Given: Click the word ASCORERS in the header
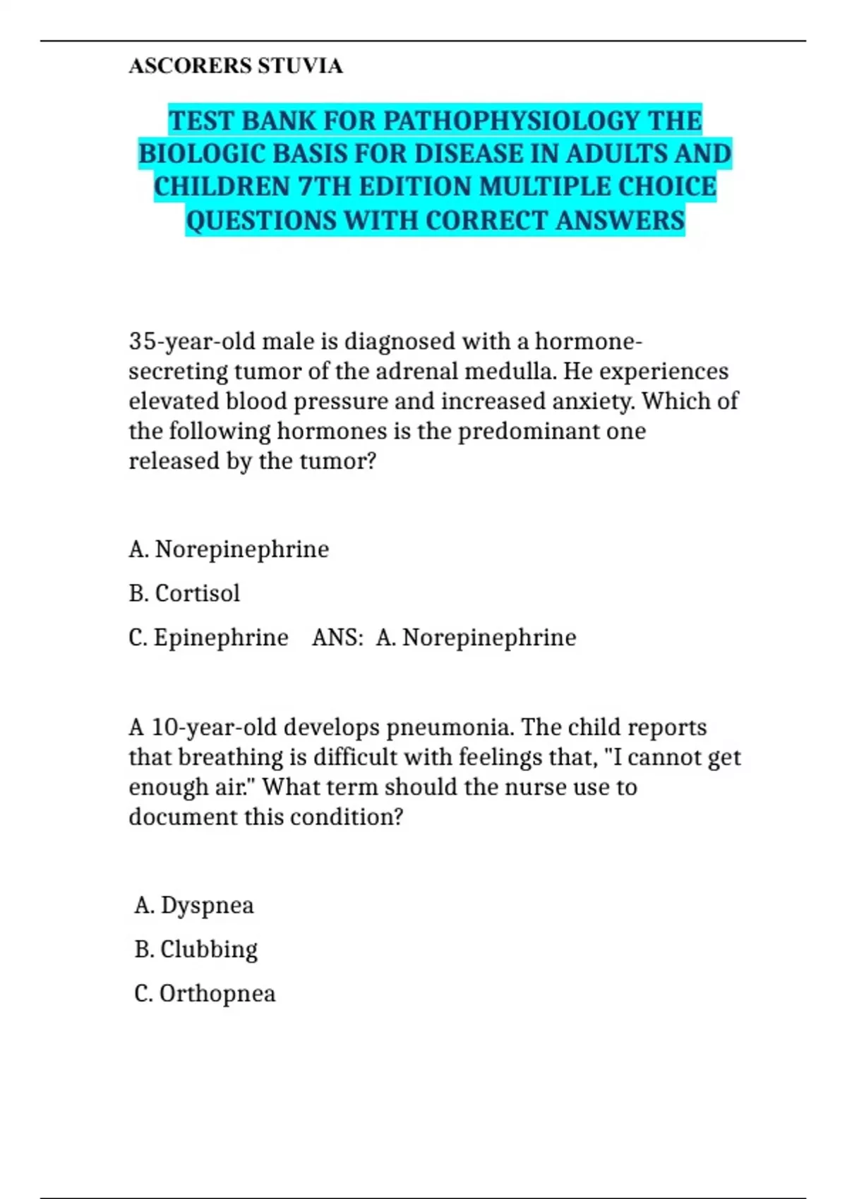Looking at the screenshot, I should pyautogui.click(x=191, y=66).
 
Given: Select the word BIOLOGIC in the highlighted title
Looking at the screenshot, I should pyautogui.click(x=202, y=154).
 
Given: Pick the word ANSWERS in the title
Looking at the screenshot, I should pyautogui.click(x=620, y=220).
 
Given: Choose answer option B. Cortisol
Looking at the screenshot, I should pyautogui.click(x=185, y=593).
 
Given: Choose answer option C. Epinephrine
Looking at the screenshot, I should pyautogui.click(x=209, y=638).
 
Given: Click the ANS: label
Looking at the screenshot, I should pyautogui.click(x=338, y=638).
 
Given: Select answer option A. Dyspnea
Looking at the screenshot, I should pyautogui.click(x=194, y=905).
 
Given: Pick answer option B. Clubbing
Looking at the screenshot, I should pyautogui.click(x=196, y=949).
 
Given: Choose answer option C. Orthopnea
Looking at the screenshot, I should pyautogui.click(x=205, y=993).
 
